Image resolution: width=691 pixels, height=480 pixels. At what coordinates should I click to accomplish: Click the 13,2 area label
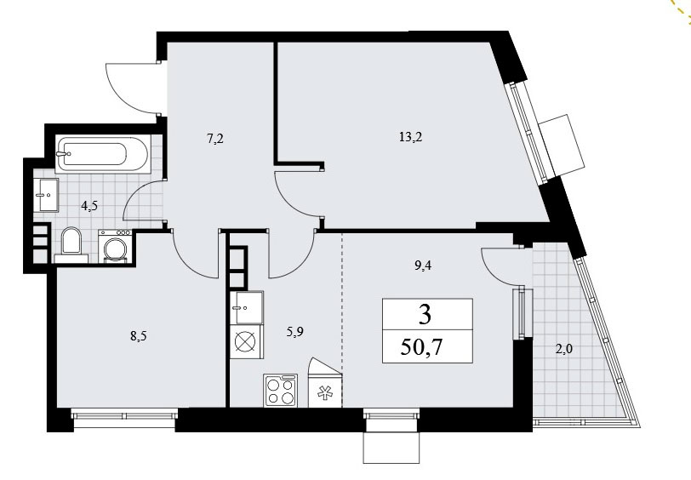(410, 137)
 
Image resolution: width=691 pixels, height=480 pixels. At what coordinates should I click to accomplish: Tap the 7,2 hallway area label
(214, 140)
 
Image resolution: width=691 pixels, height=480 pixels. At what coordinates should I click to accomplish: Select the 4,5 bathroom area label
(89, 205)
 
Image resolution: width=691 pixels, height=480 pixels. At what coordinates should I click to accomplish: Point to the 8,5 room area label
(138, 336)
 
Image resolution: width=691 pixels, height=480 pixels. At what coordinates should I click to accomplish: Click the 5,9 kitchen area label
(294, 331)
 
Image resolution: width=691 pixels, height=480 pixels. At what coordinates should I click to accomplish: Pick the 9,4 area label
(423, 266)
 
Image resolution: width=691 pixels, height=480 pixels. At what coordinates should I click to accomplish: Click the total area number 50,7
(422, 347)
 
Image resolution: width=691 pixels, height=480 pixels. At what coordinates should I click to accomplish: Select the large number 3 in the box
(425, 315)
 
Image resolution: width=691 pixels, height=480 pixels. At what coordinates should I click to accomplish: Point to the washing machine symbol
(116, 247)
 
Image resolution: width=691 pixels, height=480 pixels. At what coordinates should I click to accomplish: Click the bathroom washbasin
(48, 196)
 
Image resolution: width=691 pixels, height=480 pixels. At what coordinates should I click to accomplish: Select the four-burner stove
(280, 390)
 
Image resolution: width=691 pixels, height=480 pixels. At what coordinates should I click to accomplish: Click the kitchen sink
(246, 307)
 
